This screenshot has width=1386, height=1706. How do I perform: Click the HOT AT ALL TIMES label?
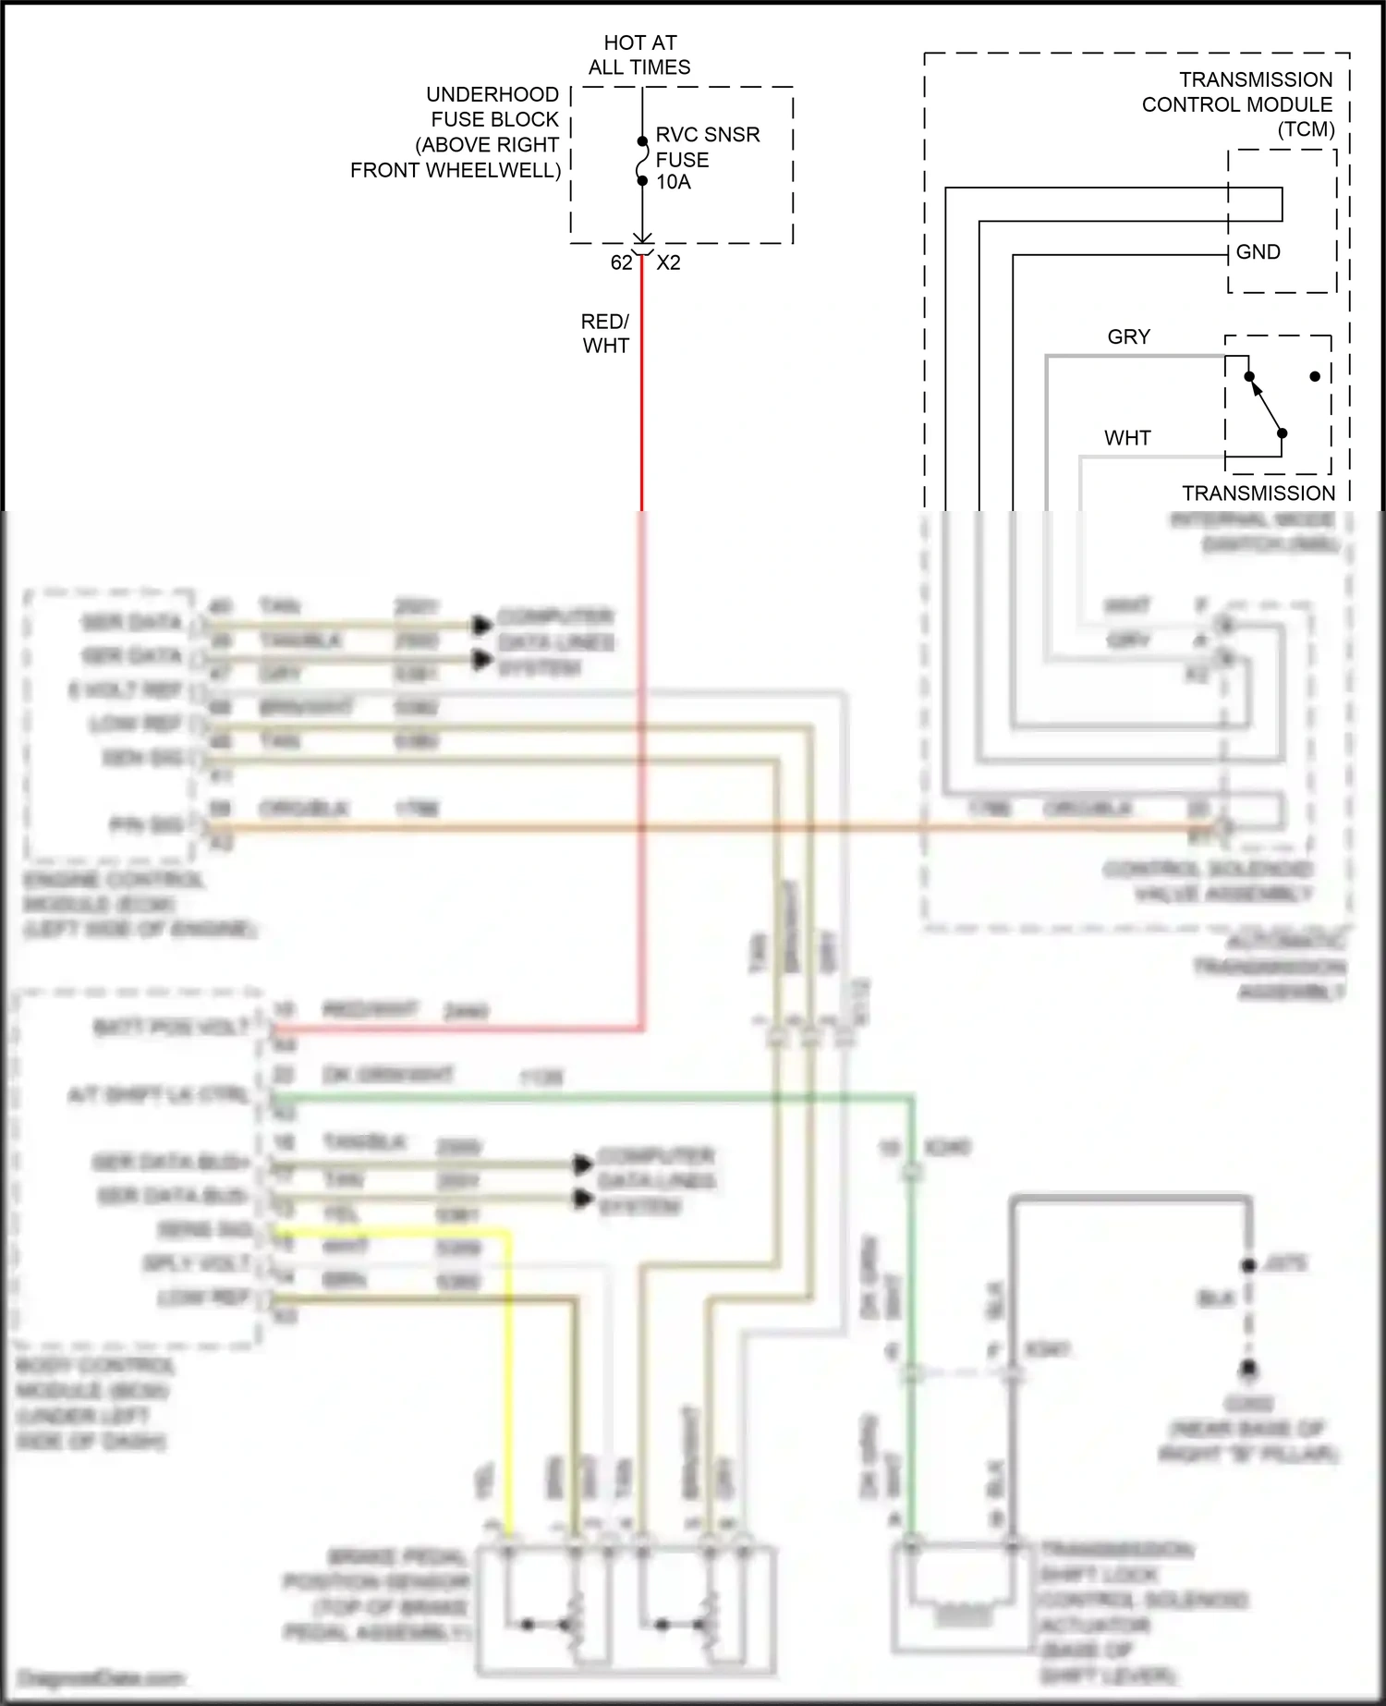tap(639, 55)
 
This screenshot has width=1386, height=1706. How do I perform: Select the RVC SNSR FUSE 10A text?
tap(707, 158)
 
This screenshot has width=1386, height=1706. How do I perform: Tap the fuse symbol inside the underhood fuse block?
tap(642, 162)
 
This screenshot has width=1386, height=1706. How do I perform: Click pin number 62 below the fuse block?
tap(621, 262)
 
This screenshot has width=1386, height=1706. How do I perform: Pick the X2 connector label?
tap(668, 262)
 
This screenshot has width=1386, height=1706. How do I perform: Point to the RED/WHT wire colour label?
tap(605, 334)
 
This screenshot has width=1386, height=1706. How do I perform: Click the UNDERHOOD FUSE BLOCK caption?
tap(456, 132)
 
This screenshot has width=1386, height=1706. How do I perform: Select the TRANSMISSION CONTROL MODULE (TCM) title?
tap(1237, 104)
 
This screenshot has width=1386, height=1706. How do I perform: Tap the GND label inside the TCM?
tap(1258, 252)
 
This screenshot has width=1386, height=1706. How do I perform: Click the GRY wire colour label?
tap(1128, 337)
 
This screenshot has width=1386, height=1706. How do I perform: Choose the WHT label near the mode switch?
tap(1127, 438)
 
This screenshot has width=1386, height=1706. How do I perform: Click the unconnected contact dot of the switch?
tap(1315, 376)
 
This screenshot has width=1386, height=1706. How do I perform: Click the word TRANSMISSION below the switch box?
tap(1258, 494)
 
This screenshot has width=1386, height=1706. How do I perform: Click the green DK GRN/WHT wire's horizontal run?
tap(591, 1097)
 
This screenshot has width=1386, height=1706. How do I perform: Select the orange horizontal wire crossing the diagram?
tap(702, 827)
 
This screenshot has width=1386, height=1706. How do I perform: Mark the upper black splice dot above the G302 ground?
tap(1248, 1265)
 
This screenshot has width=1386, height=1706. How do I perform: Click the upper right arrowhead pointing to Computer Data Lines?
tap(481, 626)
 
